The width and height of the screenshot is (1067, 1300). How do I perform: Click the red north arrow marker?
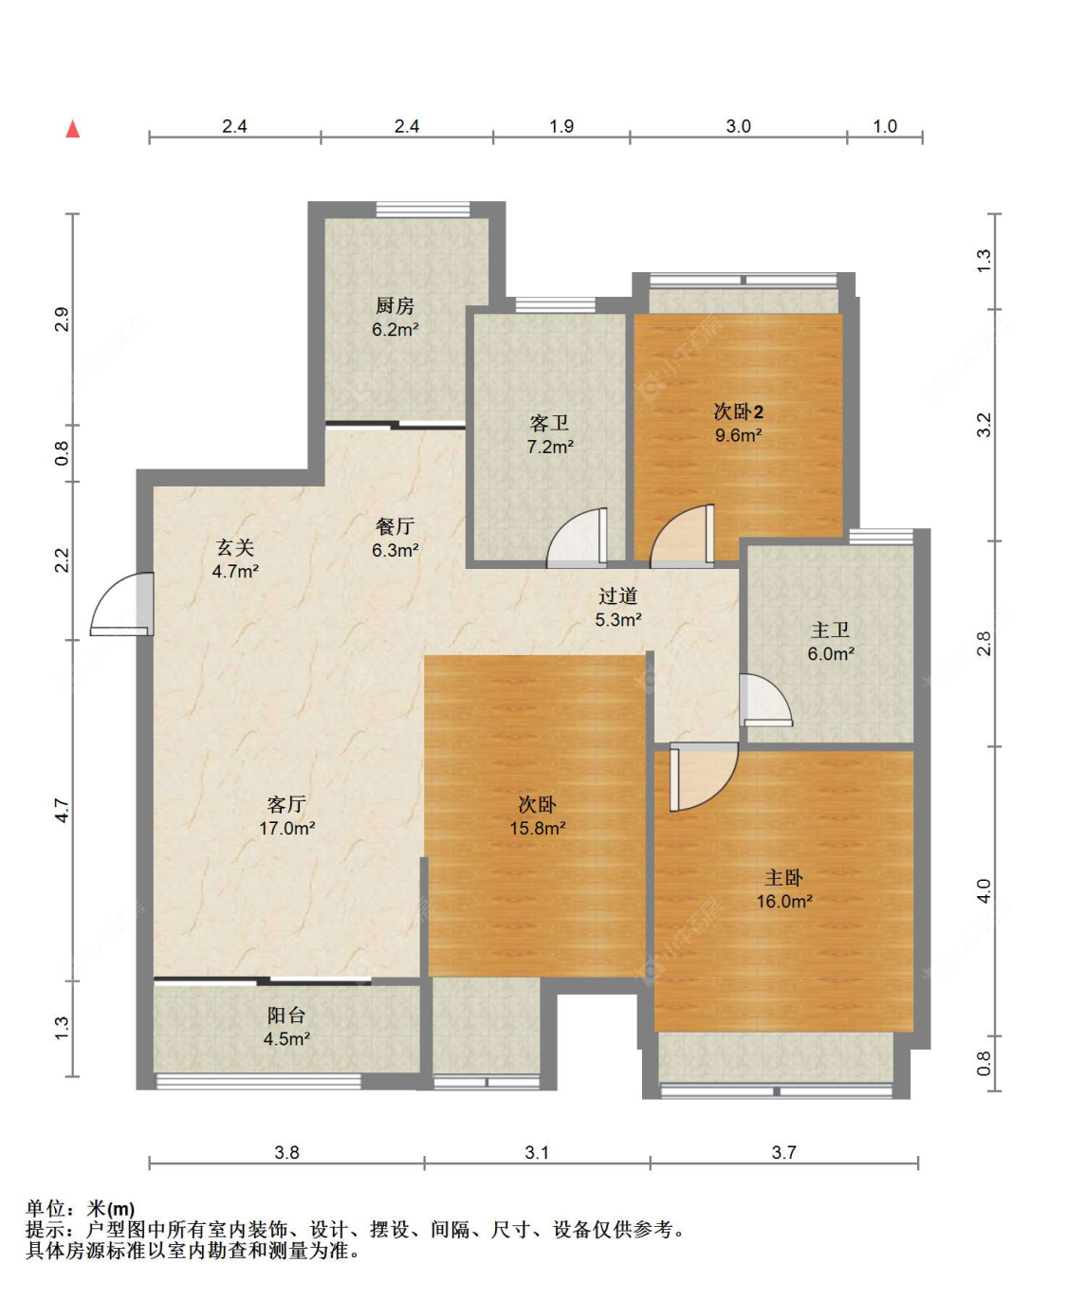pos(73,129)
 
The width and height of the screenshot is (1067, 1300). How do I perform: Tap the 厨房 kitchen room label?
pos(396,318)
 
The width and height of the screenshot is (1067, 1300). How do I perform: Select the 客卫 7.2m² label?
pos(550,434)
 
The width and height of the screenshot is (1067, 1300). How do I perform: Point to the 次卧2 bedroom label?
pos(739,423)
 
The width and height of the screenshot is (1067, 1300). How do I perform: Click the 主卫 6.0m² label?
pos(831,642)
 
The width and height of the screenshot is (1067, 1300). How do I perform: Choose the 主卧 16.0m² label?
pos(784,889)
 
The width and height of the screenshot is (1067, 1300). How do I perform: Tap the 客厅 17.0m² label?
pos(286,816)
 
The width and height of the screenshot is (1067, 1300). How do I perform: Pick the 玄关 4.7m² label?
pos(235,559)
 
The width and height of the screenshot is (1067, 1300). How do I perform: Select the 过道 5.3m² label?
pos(618,608)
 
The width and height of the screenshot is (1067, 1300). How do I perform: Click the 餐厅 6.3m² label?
pos(396,538)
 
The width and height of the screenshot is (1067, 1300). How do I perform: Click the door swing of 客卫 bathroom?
pos(577,537)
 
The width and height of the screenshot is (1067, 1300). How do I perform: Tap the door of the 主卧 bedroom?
pos(704,777)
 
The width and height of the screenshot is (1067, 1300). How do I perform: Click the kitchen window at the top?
pos(423,209)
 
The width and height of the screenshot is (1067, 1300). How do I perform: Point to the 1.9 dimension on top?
pos(561,126)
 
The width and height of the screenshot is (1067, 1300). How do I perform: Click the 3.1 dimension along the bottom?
pos(537,1152)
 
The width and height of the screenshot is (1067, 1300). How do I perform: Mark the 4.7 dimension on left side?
pos(63,810)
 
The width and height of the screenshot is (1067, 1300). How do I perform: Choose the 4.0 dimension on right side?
pos(984,890)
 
